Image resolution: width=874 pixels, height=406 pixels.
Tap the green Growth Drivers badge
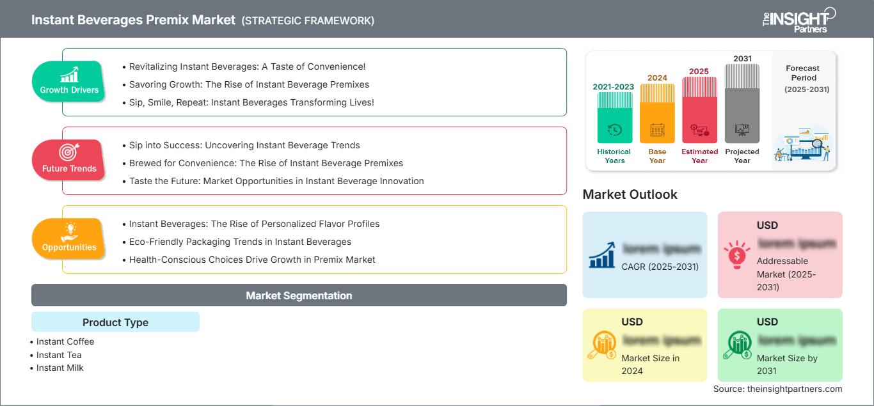coord(69,81)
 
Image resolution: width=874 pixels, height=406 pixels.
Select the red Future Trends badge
coord(69,160)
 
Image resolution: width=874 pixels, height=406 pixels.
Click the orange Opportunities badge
coord(69,238)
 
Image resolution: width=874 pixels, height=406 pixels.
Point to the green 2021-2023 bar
coord(614,118)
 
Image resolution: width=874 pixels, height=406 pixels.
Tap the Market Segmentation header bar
coord(299,295)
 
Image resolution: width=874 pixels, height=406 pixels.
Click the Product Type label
coord(115,322)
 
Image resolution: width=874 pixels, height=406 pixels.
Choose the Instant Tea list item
coord(59,355)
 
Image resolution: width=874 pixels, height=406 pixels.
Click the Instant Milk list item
coord(60,368)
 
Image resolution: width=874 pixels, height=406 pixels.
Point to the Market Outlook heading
coord(630,194)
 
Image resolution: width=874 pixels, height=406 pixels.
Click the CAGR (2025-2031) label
coord(660,267)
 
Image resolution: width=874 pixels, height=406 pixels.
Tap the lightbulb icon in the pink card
coord(736,254)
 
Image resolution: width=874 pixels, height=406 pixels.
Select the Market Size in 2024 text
coord(651,364)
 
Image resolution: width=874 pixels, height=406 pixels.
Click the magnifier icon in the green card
coord(736,345)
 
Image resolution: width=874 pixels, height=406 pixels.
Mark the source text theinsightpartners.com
coord(777,389)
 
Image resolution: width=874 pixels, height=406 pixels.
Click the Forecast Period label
coord(802,73)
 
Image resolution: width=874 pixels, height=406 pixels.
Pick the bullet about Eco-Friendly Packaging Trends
coord(240,242)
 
